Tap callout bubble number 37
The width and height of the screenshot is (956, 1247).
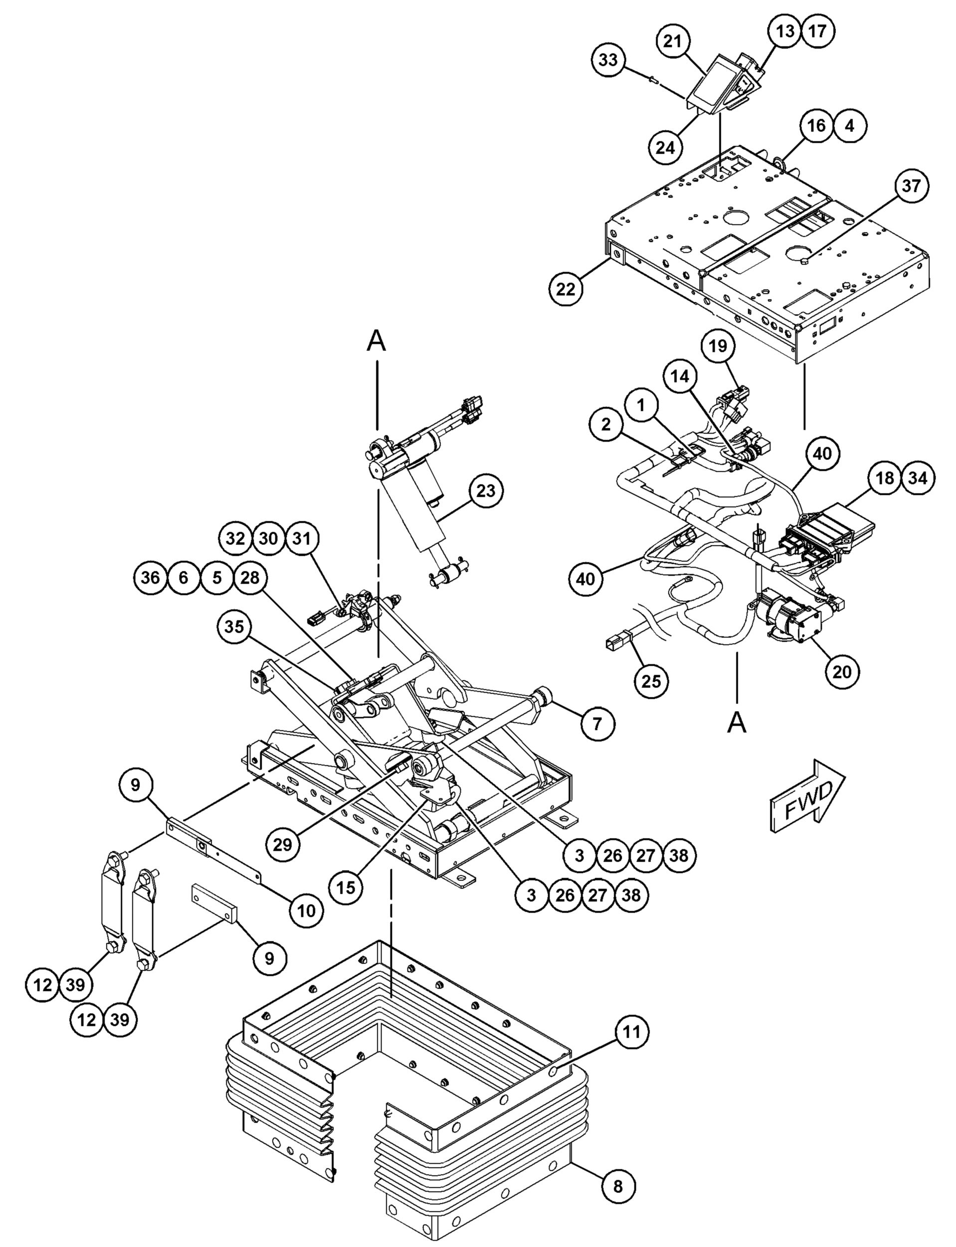point(911,186)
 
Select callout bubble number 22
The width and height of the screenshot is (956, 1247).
point(566,290)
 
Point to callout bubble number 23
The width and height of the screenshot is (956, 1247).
point(486,491)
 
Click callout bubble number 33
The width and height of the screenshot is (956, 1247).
point(608,60)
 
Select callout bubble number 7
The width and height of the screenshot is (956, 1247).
point(597,724)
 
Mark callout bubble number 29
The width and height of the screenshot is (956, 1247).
point(282,844)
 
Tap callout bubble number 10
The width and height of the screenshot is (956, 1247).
point(306,911)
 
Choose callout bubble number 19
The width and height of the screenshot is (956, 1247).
point(718,346)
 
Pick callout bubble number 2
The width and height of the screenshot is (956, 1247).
point(606,424)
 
